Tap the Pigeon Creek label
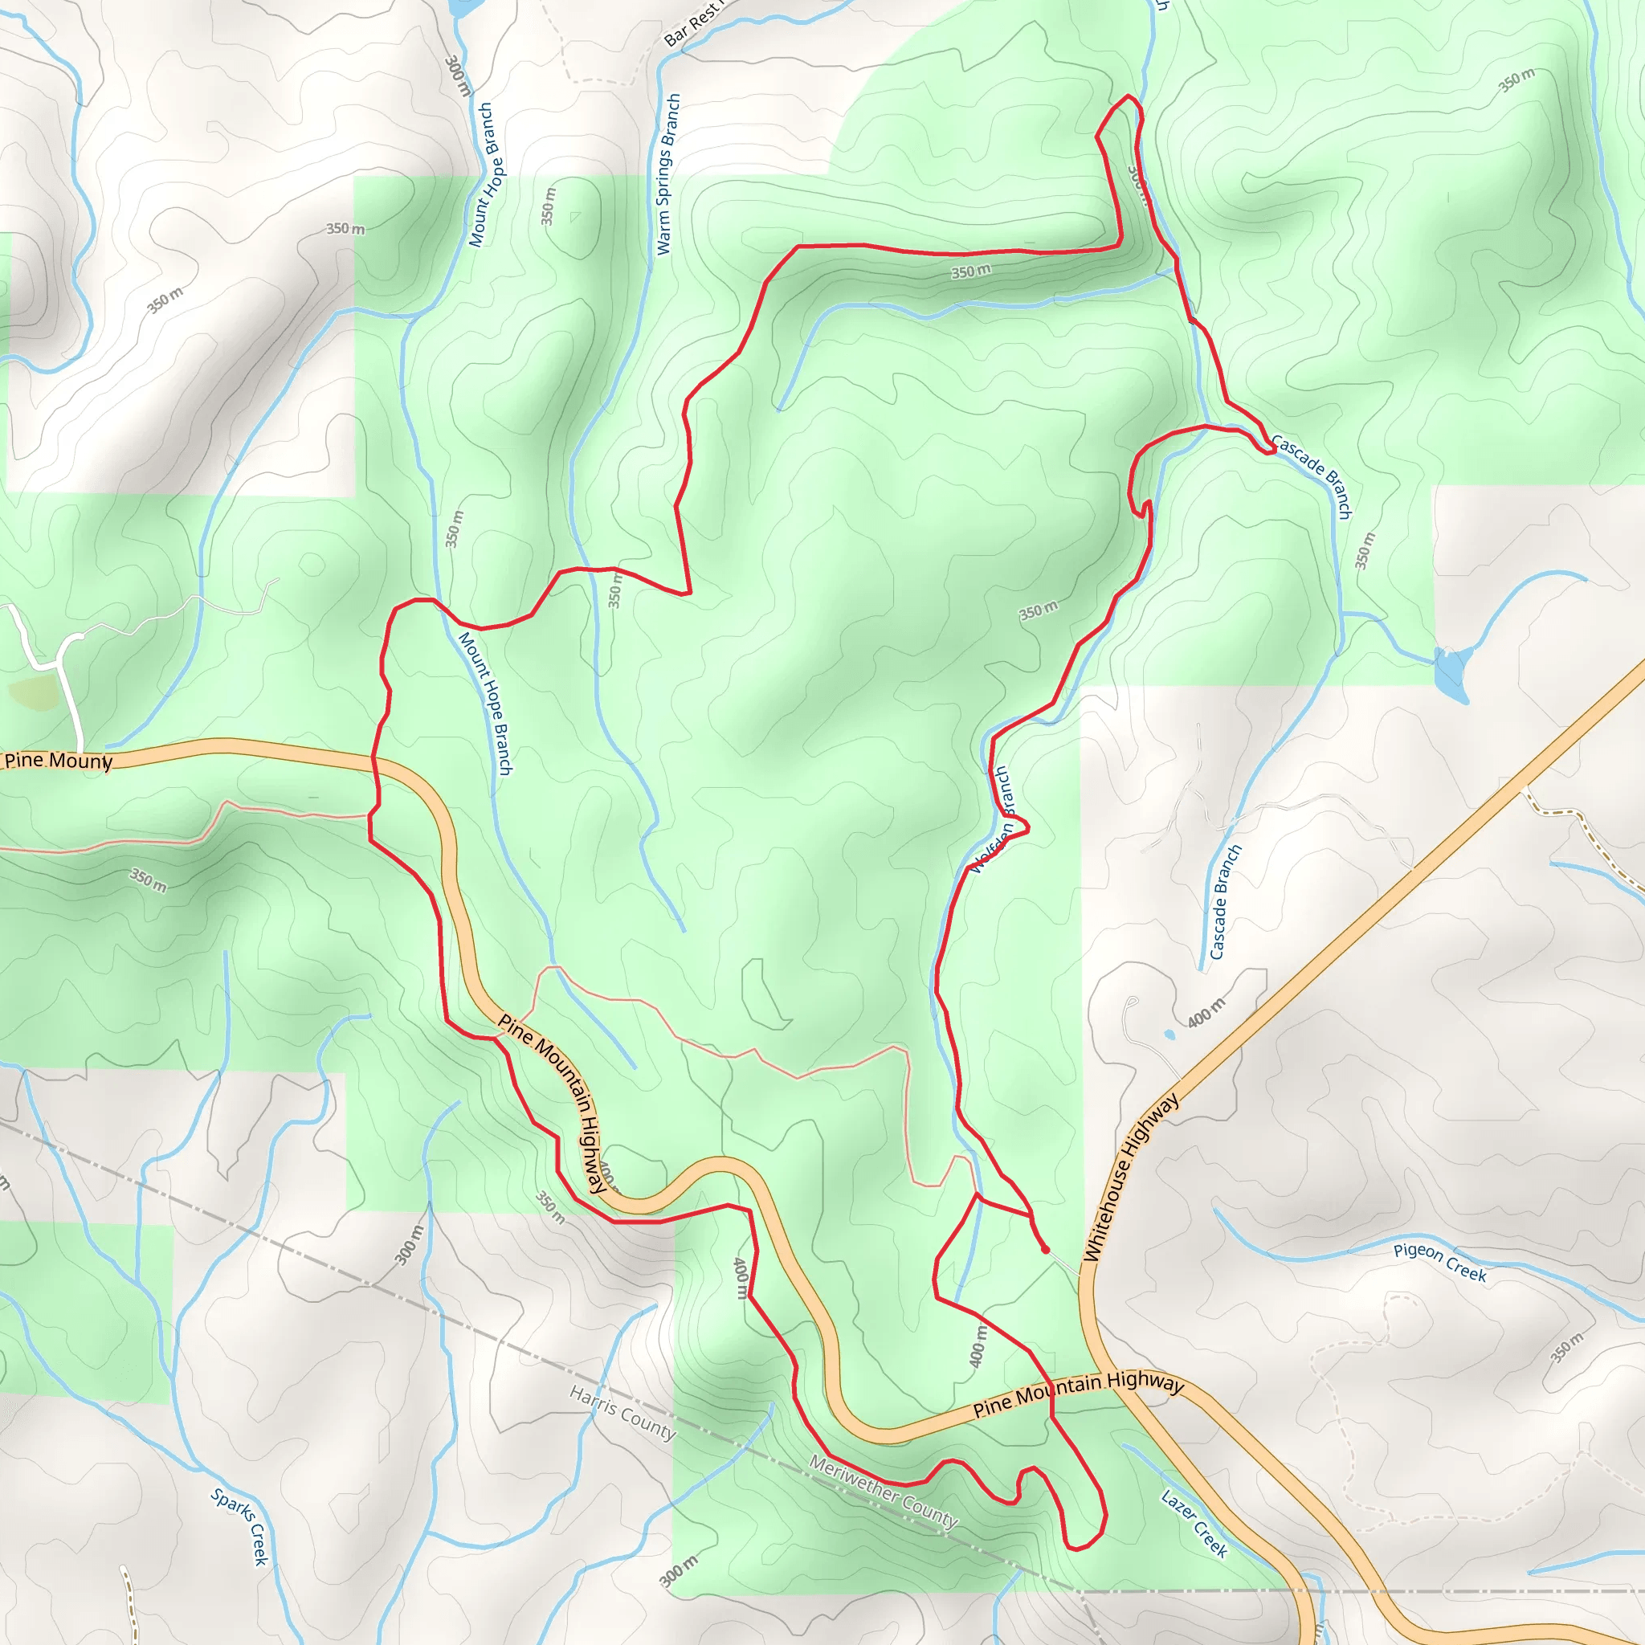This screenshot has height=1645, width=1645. [x=1440, y=1262]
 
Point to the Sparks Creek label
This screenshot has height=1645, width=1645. [x=241, y=1527]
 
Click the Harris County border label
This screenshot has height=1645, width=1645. [x=622, y=1413]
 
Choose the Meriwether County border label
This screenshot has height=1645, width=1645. [x=883, y=1491]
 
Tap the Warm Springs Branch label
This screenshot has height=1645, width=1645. [x=668, y=174]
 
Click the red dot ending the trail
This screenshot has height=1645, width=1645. [x=1045, y=1250]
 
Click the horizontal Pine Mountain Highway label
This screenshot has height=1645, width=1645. [x=1078, y=1394]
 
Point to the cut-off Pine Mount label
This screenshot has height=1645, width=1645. [x=58, y=761]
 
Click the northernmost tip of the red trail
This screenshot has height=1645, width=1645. [x=1129, y=96]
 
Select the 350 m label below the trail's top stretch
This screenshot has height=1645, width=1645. [x=970, y=271]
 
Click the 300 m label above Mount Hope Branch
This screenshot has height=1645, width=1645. [x=457, y=76]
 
